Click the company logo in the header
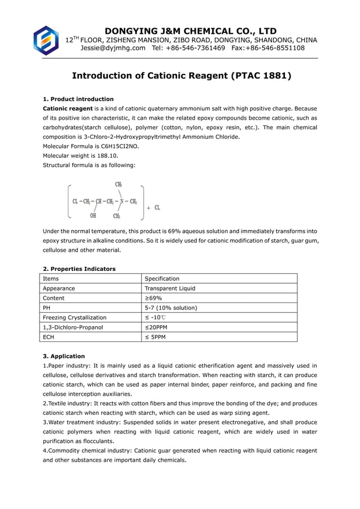46,40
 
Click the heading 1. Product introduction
78,99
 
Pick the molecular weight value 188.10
106,156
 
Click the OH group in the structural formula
93,214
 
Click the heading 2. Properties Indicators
79,269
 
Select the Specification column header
162,279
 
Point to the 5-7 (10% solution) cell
171,308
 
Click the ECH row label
50,337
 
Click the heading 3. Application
64,356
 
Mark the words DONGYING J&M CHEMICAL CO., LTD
191,30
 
